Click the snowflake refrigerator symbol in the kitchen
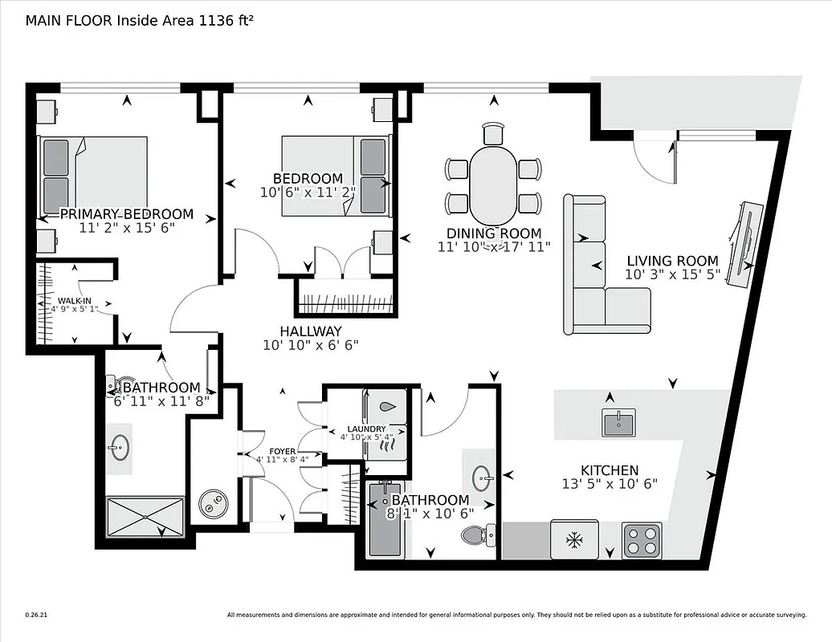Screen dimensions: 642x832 point(574,540)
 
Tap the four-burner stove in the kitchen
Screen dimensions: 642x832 point(642,540)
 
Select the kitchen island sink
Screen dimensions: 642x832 point(618,422)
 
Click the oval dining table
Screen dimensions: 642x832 point(492,184)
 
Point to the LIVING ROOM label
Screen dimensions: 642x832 point(672,261)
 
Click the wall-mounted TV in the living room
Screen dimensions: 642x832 point(742,242)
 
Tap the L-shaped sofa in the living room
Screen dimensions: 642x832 point(598,277)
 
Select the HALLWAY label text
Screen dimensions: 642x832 point(311,331)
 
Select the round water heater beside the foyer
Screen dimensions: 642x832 point(215,504)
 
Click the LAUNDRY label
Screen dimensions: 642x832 point(366,429)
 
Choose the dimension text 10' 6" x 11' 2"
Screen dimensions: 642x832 point(308,192)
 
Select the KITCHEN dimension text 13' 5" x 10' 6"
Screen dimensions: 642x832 point(610,484)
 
